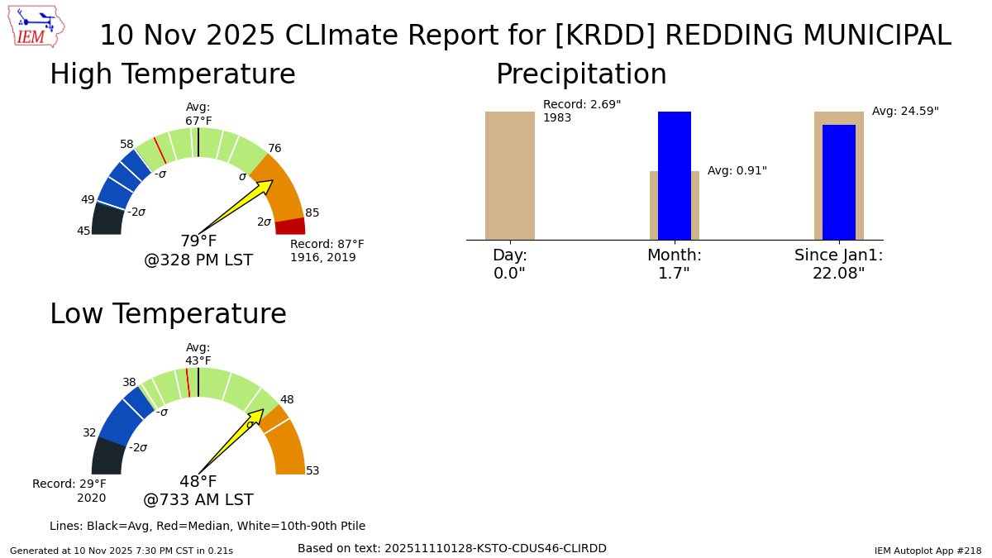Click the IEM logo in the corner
[x=37, y=27]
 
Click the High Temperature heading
[x=172, y=74]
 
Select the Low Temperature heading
[x=168, y=314]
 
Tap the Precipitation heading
[x=580, y=74]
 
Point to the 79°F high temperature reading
[x=198, y=241]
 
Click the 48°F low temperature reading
[x=198, y=482]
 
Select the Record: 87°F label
[x=327, y=245]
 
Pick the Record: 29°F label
[x=69, y=484]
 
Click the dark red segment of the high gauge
[x=290, y=226]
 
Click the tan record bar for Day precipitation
[x=509, y=175]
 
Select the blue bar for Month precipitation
[x=674, y=175]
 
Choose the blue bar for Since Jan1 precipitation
[x=838, y=182]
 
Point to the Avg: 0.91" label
[x=737, y=171]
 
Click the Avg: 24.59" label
[x=905, y=111]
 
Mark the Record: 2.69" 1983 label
[x=581, y=111]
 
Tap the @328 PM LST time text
[x=198, y=260]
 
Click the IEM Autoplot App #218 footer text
[x=928, y=551]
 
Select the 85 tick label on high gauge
[x=312, y=212]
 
